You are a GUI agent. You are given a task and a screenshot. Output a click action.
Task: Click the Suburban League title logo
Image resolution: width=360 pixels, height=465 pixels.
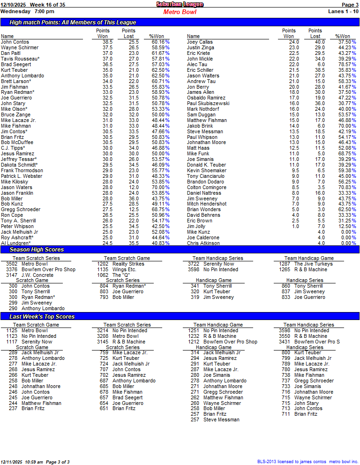pos(180,4)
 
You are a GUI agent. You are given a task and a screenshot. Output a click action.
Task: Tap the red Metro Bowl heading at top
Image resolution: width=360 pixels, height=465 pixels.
pos(180,12)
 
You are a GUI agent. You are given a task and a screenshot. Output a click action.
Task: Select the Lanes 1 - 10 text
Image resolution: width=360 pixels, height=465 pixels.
pos(344,11)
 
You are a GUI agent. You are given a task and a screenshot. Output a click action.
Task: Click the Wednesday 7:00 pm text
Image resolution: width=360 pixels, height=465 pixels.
pos(27,11)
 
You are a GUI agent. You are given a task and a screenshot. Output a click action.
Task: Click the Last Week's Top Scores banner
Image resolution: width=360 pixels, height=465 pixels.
pos(42,317)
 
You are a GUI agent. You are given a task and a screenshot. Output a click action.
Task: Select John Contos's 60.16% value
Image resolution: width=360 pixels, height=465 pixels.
pos(156,42)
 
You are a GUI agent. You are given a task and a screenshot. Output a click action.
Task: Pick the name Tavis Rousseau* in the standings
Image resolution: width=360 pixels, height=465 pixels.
pos(20,59)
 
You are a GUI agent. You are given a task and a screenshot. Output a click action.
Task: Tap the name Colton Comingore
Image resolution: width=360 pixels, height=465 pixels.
pos(206,187)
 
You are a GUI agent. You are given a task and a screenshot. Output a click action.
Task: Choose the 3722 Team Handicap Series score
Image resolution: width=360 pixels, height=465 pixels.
pos(193,264)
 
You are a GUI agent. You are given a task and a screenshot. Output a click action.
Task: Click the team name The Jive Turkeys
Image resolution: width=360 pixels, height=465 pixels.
pos(313,264)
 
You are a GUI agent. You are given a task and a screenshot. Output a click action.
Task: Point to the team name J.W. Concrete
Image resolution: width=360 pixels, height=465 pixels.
pos(37,275)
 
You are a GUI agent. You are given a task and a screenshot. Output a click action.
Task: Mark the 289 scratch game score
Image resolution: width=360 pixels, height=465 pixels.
pos(13,352)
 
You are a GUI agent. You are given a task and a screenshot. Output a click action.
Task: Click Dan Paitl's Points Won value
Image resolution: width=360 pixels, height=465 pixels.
pos(107,53)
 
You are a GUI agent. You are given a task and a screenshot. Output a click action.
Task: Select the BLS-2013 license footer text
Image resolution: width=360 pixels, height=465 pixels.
pos(307,462)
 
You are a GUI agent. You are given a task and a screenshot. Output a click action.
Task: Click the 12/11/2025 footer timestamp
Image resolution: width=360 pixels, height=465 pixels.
pos(13,462)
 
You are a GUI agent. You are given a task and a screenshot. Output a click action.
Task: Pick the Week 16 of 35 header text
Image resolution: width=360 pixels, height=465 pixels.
pos(47,4)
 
